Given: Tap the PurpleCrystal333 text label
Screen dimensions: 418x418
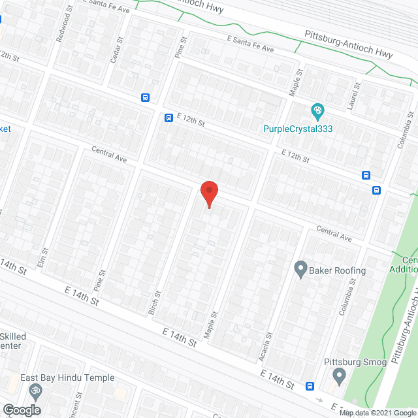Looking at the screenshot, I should [298, 129].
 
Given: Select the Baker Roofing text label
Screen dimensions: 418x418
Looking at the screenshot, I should [338, 270].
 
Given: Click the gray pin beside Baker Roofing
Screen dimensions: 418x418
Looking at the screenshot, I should [300, 268].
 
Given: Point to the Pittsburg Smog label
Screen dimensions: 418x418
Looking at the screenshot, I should [356, 362].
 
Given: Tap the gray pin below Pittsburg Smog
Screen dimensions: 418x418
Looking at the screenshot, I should [338, 376].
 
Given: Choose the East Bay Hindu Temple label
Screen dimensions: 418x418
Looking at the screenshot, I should [67, 378].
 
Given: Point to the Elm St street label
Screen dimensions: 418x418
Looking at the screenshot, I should [45, 251].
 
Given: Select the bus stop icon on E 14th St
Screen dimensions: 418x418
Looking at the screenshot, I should [310, 385].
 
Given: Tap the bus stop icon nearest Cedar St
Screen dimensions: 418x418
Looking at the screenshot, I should [145, 98].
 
